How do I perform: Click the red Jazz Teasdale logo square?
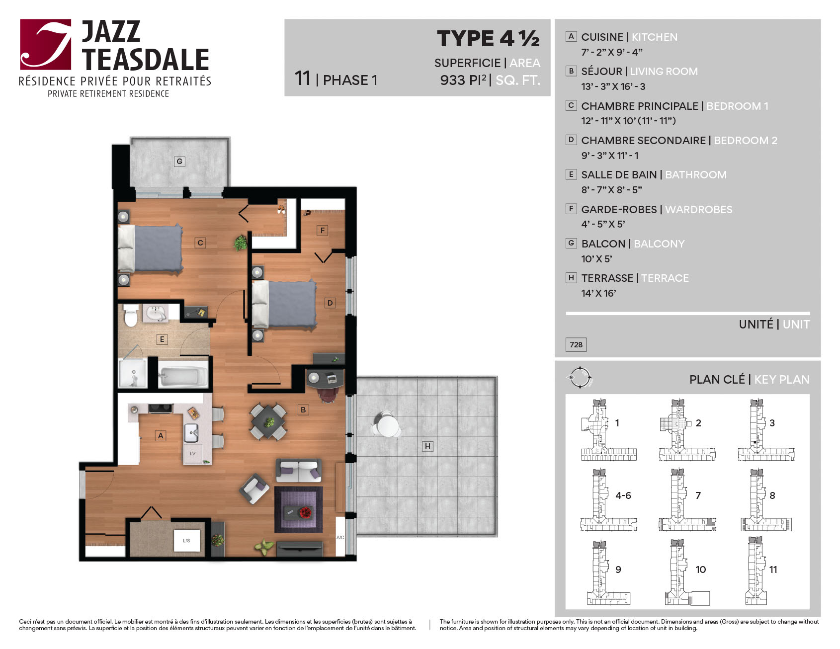click(45, 44)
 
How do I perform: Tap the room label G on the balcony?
click(179, 162)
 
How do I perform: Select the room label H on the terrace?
click(427, 446)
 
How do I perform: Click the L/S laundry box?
click(186, 541)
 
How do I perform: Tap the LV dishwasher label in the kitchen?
click(193, 454)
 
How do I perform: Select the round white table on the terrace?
click(387, 426)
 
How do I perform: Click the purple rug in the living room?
click(298, 509)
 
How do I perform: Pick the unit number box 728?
click(576, 344)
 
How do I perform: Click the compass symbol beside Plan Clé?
click(580, 378)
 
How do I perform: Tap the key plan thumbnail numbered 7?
click(687, 500)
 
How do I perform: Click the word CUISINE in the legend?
click(602, 37)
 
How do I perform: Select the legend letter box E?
click(571, 174)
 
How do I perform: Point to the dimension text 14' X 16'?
click(598, 293)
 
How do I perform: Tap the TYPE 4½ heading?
click(488, 39)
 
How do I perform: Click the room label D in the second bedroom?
click(330, 303)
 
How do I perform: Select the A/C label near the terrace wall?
click(340, 538)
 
